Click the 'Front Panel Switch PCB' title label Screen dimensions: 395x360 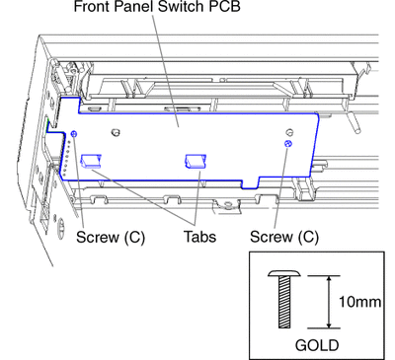[x=157, y=6]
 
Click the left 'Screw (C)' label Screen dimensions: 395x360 [x=111, y=237]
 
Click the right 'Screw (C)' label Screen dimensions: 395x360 [x=284, y=237]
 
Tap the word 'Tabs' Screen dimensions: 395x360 [x=199, y=237]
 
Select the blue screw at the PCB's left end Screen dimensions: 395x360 [x=74, y=133]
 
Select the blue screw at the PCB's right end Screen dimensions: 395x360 [x=288, y=143]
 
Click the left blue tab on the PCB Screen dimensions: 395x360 [x=91, y=161]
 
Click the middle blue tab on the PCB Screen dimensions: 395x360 [x=196, y=161]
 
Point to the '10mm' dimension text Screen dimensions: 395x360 [x=360, y=302]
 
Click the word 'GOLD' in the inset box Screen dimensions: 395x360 [x=317, y=345]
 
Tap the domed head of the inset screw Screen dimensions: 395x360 [x=284, y=273]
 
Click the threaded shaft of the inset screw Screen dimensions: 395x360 [x=284, y=302]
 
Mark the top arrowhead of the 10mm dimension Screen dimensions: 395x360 [x=329, y=279]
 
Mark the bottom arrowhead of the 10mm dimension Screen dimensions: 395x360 [x=329, y=324]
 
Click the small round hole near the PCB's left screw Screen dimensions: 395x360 [x=116, y=132]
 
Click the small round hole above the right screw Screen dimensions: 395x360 [x=289, y=132]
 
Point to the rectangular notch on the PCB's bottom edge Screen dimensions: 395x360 [x=250, y=184]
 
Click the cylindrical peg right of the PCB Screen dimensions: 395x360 [x=354, y=122]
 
